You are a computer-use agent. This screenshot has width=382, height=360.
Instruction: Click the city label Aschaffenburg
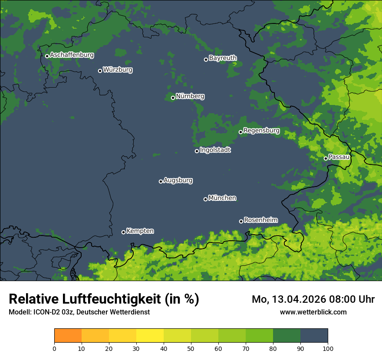point(72,55)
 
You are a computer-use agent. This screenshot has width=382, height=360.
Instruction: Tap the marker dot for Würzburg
point(100,71)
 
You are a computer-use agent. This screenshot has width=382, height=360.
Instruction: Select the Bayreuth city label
point(223,58)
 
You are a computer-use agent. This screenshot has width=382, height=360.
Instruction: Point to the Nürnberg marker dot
point(173,98)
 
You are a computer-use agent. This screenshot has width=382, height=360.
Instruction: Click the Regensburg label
point(261,131)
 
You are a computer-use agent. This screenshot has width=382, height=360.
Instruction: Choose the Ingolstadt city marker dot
point(197,151)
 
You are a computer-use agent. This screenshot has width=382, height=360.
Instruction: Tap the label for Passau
point(339,157)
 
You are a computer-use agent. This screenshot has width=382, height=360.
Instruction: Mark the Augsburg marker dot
point(161,181)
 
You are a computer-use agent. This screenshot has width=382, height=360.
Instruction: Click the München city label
point(222,198)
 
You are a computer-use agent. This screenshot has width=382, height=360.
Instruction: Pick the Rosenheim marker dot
point(241,221)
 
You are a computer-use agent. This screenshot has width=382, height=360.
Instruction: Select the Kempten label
point(140,231)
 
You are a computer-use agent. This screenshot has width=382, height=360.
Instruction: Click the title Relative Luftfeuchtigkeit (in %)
point(104,299)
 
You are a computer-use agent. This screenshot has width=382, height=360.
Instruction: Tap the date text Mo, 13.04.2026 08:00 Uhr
point(313,299)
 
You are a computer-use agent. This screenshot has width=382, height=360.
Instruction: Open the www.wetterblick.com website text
point(313,312)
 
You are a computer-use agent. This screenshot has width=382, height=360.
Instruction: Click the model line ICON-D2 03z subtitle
point(79,312)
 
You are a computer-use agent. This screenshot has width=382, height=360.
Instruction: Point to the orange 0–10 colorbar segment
point(68,336)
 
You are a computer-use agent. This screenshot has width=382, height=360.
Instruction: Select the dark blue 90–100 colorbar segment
point(314,336)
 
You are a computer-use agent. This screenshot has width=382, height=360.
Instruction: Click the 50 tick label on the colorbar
point(191,348)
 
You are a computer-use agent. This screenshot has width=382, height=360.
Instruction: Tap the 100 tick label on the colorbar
point(327,348)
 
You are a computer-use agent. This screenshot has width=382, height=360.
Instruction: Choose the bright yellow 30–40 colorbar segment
point(150,336)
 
